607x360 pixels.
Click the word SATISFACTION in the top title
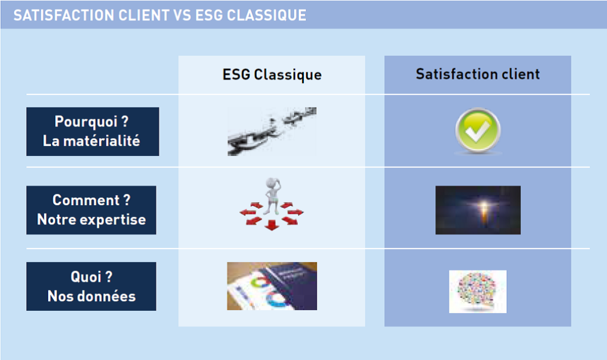64,15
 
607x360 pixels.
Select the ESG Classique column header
271,75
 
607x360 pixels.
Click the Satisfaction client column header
478,74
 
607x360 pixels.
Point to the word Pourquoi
86,122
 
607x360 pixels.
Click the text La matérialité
91,141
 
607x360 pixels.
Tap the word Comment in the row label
86,200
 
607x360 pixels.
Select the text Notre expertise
91,219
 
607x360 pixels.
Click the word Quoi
86,277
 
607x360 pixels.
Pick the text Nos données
91,296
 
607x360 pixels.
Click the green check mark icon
478,130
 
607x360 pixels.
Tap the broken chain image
271,132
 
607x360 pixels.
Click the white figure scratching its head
271,196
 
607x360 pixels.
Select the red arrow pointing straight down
271,225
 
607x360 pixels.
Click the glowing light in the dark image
483,205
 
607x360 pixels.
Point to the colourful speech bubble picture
478,291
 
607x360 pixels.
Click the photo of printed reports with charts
271,286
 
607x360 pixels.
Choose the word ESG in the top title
209,15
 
